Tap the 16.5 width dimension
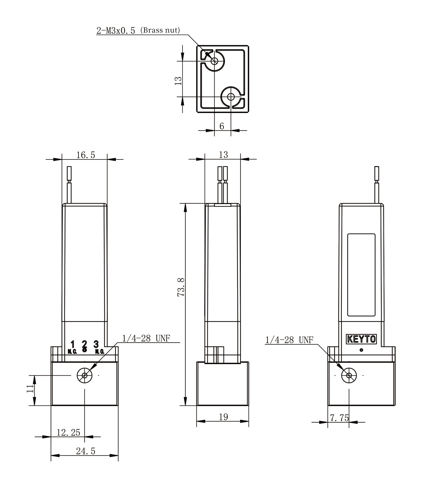coord(86,155)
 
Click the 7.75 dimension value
coord(339,418)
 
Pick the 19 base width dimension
coord(223,417)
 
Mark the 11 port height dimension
coord(30,388)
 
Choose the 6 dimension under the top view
coord(222,126)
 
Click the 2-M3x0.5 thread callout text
coord(116,31)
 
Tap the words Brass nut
coord(160,30)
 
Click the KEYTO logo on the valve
coord(362,339)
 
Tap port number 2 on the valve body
coord(84,346)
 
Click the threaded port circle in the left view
coord(84,376)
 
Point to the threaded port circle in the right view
coord(349,376)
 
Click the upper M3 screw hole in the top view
coord(214,61)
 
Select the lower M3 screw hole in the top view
coord(231,97)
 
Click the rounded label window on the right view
coord(361,275)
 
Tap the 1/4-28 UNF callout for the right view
coord(289,340)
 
